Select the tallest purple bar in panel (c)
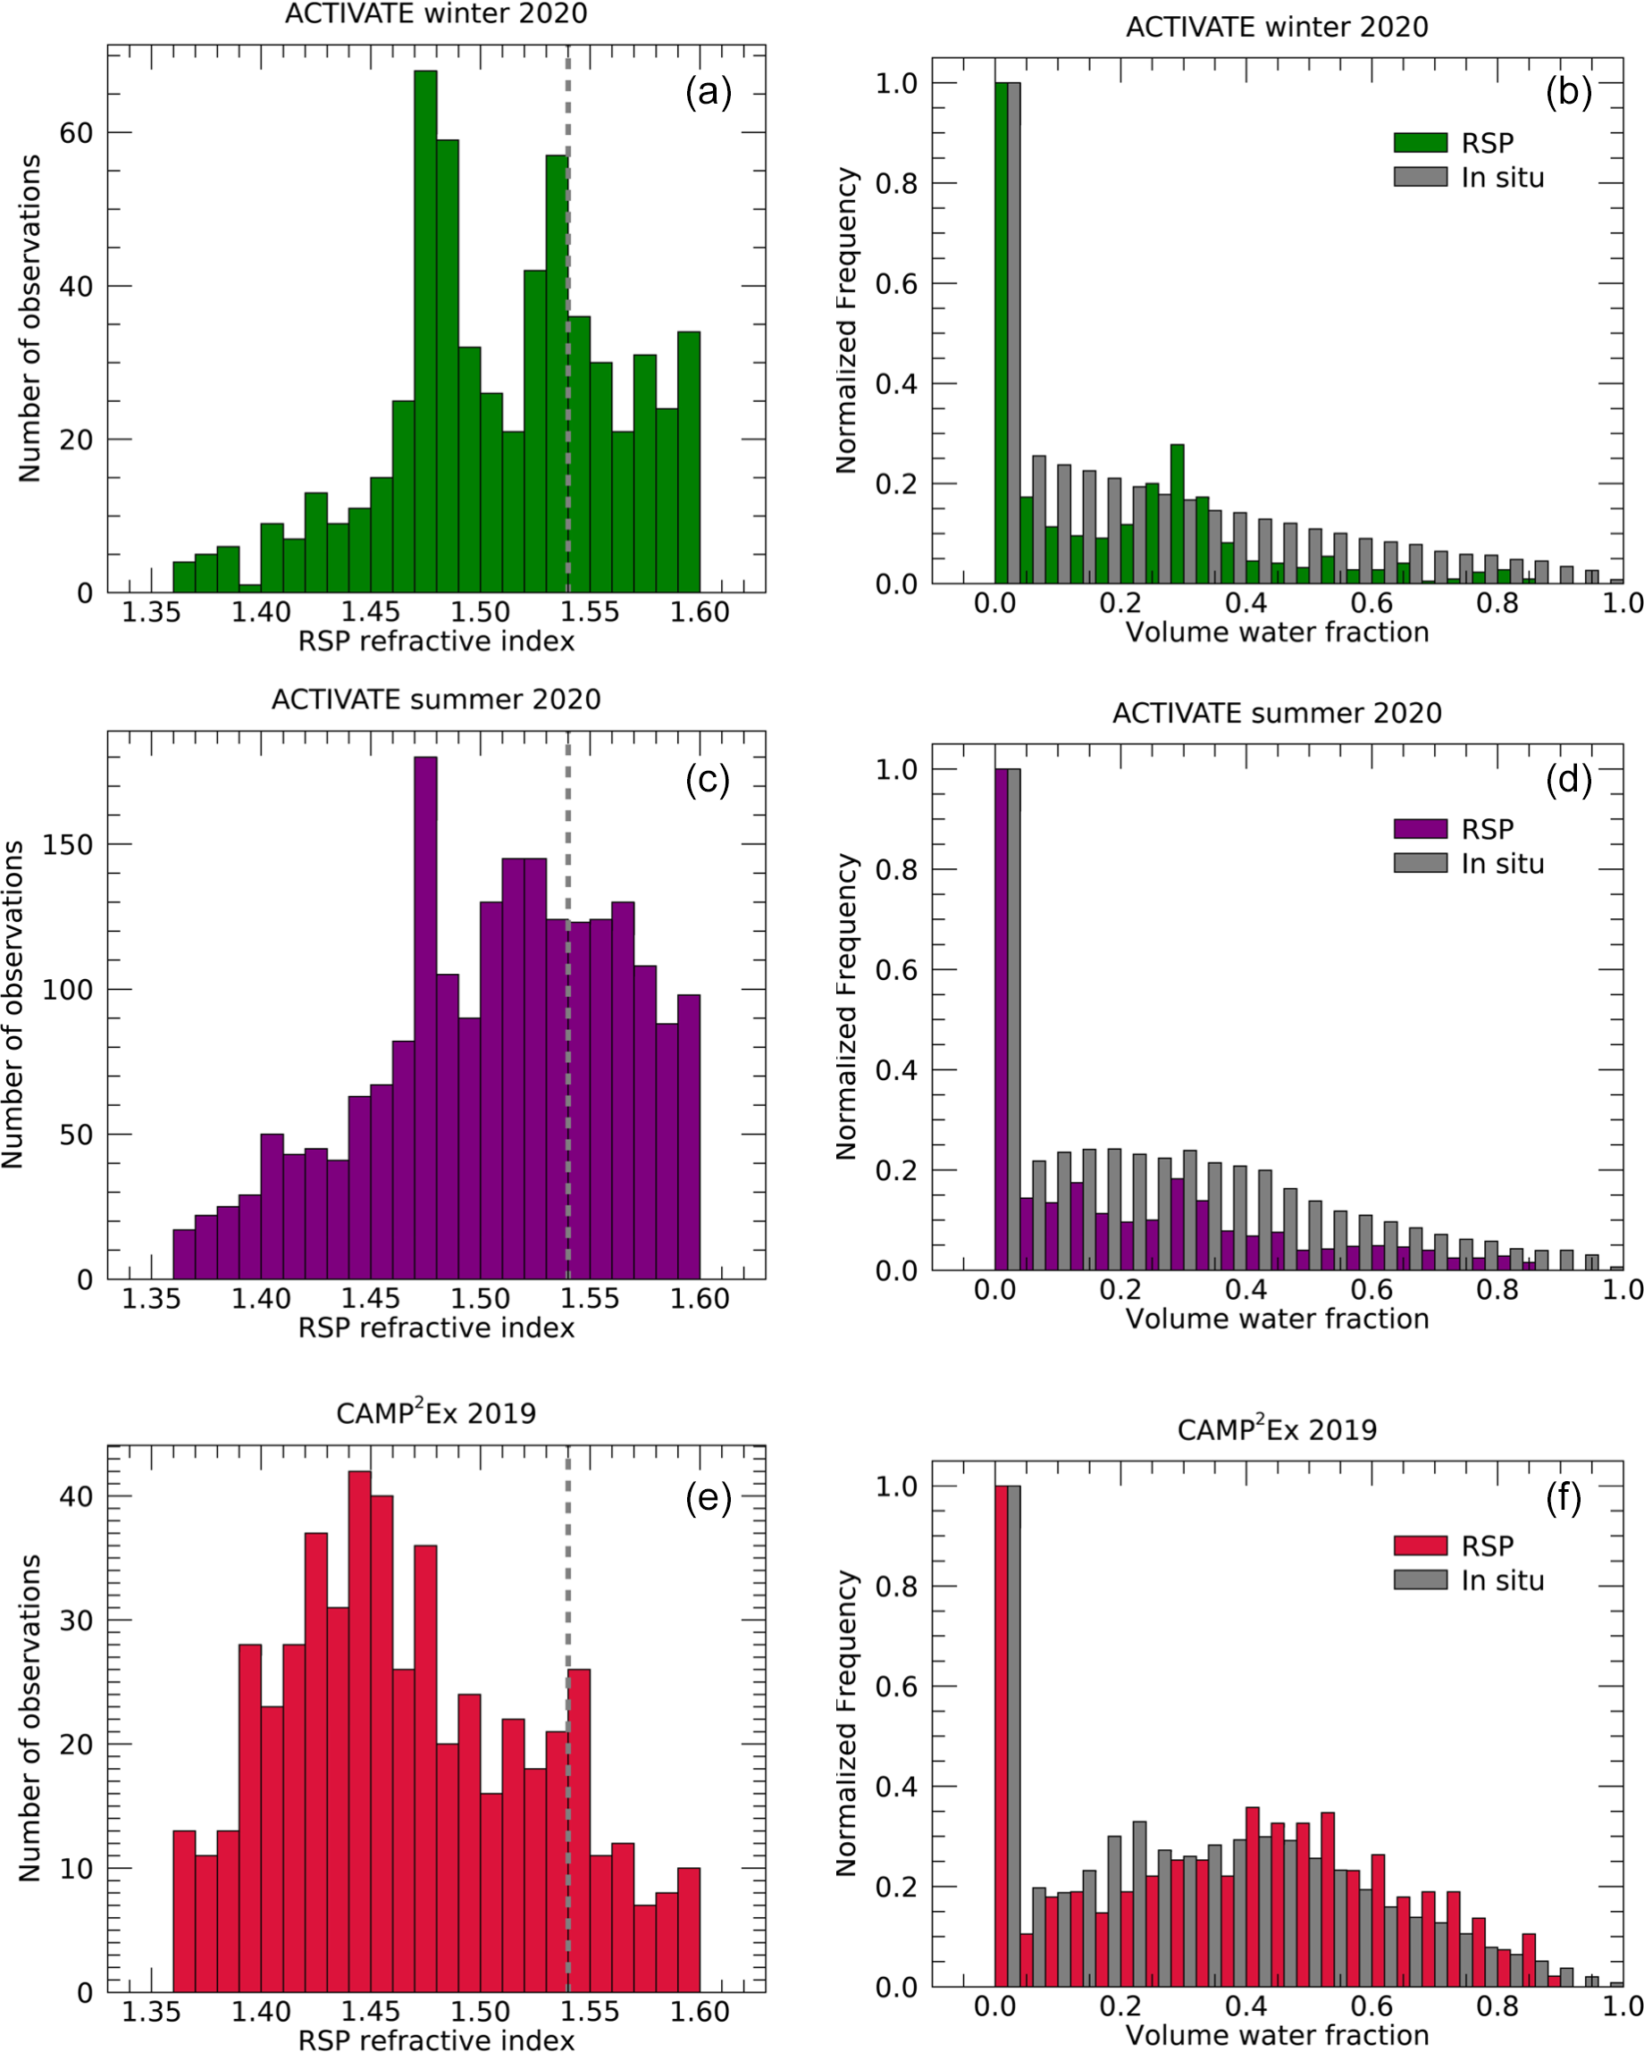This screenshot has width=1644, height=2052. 425,1018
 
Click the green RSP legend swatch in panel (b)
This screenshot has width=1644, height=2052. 1420,143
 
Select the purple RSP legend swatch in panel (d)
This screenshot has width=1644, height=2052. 1420,828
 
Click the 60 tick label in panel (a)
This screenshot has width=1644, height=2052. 76,133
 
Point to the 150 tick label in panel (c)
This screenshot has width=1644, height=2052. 68,845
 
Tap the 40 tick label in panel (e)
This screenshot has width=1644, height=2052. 76,1496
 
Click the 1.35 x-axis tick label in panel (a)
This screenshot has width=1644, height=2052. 151,612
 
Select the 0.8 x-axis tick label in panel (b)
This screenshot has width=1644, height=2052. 1497,602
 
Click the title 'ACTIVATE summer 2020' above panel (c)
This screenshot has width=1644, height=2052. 436,699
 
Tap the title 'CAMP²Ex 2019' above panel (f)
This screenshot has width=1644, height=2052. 1277,1429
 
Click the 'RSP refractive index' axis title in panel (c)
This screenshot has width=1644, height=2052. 436,1328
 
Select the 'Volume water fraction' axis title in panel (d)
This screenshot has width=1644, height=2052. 1277,1319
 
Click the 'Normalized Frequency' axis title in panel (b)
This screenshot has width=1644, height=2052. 845,321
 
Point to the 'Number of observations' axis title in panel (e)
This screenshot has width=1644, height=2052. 30,1718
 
